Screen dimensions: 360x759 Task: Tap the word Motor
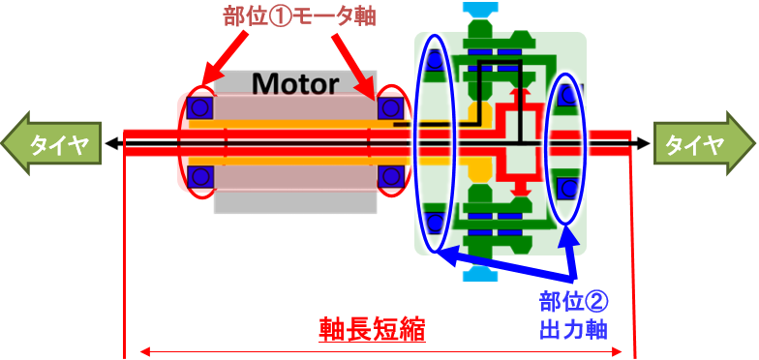tap(295, 83)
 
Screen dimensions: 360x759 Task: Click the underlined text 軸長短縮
tap(373, 330)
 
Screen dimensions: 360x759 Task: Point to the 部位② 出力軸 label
tap(572, 314)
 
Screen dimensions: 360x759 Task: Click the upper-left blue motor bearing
tap(201, 106)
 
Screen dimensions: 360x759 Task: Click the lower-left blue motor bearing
tap(201, 176)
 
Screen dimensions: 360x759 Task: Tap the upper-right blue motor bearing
tap(390, 106)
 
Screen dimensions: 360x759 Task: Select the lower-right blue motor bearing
tap(391, 176)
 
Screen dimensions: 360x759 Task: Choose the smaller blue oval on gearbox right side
tap(566, 145)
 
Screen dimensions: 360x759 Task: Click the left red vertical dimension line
tap(125, 252)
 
